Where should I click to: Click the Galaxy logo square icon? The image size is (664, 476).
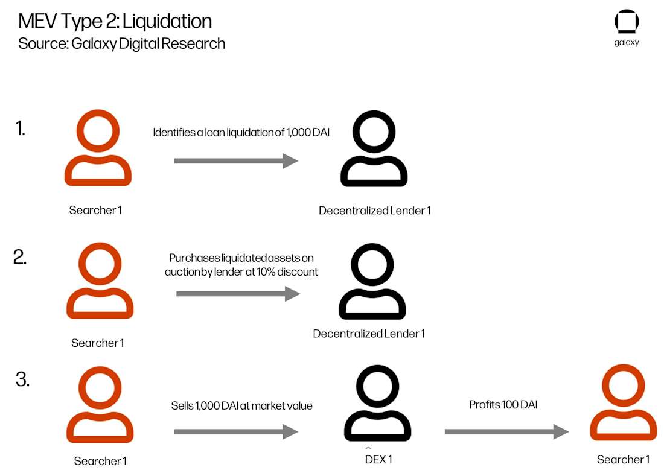pos(627,22)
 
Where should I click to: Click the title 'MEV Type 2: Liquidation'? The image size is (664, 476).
pos(115,21)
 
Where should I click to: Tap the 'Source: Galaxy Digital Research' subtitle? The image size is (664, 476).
pos(121,43)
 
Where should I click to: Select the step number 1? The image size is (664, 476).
pos(21,129)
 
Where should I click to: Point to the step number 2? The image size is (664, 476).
pos(20,257)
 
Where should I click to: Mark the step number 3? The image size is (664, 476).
pos(22,380)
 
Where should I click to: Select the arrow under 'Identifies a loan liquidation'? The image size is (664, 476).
pos(236,161)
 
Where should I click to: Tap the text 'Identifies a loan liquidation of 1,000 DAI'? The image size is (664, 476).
pos(241,133)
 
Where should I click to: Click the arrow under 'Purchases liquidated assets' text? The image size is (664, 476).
pos(238,294)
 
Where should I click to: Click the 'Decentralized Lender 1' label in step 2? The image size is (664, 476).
pos(369,334)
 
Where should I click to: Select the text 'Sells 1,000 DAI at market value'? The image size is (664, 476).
pos(241,406)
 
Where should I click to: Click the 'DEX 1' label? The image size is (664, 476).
pos(378,460)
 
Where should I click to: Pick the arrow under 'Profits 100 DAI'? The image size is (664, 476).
pos(506,431)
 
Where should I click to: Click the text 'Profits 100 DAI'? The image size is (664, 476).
pos(503,405)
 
